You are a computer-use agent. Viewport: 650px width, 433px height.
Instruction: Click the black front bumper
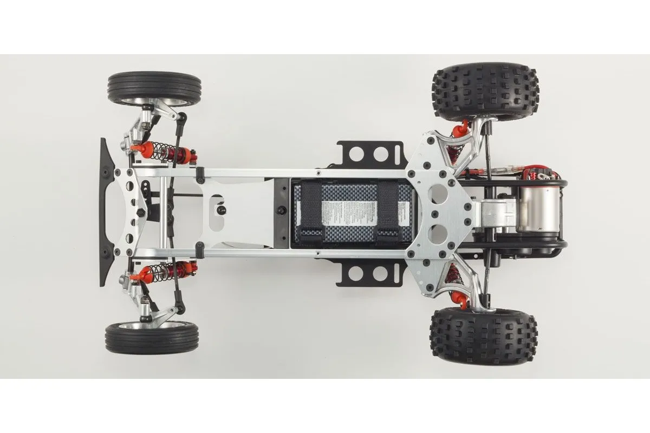105,211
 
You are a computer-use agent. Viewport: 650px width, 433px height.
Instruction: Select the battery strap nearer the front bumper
311,211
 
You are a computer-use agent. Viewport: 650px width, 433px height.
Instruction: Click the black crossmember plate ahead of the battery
282,211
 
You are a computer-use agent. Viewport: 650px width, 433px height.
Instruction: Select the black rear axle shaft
489,162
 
